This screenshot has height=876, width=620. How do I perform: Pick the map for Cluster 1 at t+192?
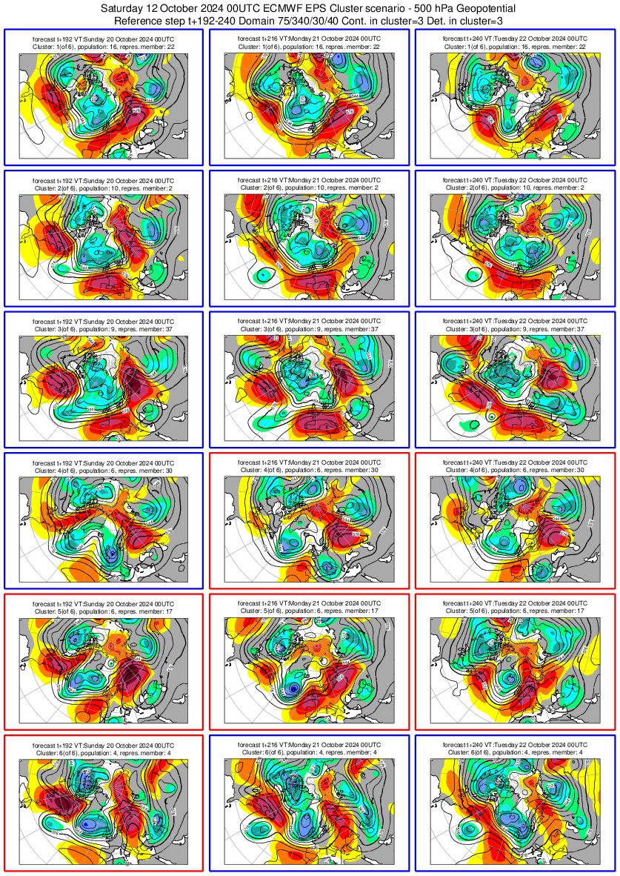coord(104,104)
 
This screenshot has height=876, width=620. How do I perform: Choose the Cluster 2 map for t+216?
coord(309,245)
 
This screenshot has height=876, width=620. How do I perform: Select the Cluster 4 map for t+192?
coord(104,527)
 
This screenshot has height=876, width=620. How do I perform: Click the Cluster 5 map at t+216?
coord(309,668)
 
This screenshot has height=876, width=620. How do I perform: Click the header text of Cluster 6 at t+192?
coord(104,749)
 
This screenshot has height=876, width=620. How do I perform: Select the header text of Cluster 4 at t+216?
coord(309,465)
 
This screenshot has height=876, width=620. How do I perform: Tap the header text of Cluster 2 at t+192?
coord(104,184)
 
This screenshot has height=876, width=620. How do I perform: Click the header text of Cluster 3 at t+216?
coord(309,325)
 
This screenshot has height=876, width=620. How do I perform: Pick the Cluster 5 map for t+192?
coord(104,668)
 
